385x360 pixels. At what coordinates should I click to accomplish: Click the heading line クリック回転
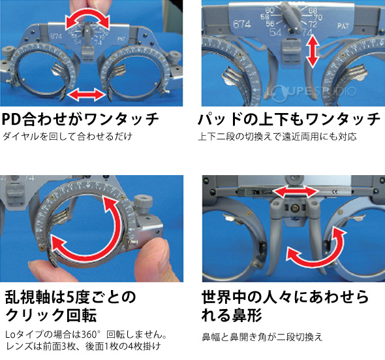[50, 316]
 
